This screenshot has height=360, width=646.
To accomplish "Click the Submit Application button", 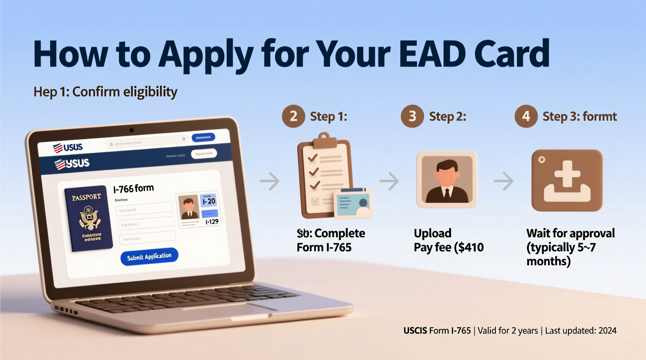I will pyautogui.click(x=149, y=257).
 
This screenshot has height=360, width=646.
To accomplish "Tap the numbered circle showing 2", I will pyautogui.click(x=293, y=116).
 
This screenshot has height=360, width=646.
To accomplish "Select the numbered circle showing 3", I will pyautogui.click(x=412, y=116).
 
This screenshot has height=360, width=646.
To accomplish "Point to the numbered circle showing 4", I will pyautogui.click(x=526, y=116).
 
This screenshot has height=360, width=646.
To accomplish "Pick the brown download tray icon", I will pyautogui.click(x=567, y=180).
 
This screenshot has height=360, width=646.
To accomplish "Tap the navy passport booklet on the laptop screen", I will pyautogui.click(x=89, y=218).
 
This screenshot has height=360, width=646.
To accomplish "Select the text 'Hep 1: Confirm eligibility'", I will pyautogui.click(x=105, y=92).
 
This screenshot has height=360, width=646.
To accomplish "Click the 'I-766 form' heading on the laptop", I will pyautogui.click(x=134, y=189).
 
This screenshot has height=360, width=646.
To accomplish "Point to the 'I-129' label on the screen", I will pyautogui.click(x=212, y=222).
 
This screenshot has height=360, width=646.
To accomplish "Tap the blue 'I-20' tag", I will pyautogui.click(x=208, y=201).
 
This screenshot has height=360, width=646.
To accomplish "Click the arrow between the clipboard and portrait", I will pyautogui.click(x=389, y=181).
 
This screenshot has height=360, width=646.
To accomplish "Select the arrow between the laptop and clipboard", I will pyautogui.click(x=269, y=181).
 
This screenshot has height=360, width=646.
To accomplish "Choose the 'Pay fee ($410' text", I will pyautogui.click(x=448, y=247).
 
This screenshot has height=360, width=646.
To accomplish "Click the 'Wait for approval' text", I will pyautogui.click(x=570, y=233).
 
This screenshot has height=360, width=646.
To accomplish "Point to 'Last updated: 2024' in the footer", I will pyautogui.click(x=580, y=331).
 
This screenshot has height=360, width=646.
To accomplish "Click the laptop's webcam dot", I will pyautogui.click(x=131, y=130).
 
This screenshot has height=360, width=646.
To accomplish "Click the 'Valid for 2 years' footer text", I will pyautogui.click(x=507, y=331).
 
